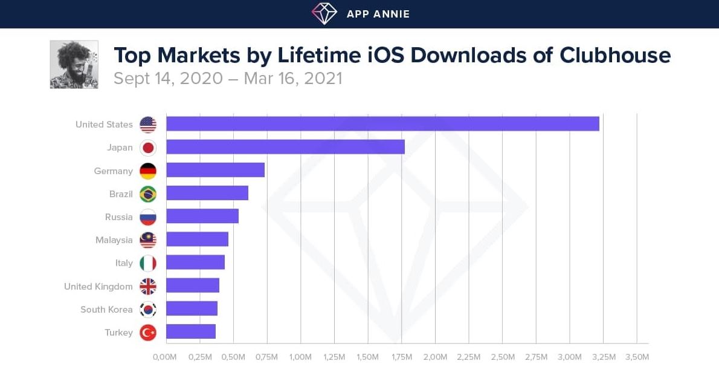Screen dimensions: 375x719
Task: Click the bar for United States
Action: click(382, 124)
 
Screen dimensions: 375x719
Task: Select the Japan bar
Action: click(285, 147)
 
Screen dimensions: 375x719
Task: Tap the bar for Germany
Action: click(215, 170)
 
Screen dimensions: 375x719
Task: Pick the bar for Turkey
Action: click(191, 331)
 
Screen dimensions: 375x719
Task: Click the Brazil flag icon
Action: click(148, 194)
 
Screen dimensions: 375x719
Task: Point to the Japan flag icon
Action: click(148, 148)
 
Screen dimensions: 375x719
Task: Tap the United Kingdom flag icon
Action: click(148, 286)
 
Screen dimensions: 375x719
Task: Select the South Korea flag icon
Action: click(148, 309)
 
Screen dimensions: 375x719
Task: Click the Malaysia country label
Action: click(114, 240)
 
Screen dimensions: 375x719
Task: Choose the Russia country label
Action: click(118, 217)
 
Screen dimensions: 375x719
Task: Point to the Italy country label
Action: click(124, 263)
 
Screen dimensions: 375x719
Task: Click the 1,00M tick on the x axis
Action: click(300, 357)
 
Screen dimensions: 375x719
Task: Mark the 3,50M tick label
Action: click(637, 357)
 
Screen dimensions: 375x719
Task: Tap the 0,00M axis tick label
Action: click(165, 357)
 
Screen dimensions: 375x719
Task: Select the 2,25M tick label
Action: click(468, 357)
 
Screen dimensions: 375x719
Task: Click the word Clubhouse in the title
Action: click(615, 55)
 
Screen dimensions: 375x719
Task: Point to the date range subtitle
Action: click(228, 79)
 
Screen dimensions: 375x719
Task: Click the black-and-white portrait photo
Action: click(74, 65)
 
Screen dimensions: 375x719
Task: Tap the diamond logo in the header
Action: click(324, 14)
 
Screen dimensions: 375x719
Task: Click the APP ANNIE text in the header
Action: click(378, 14)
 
